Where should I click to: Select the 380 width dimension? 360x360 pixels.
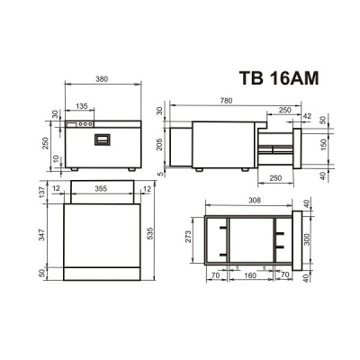(x=102, y=78)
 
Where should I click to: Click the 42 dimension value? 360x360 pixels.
(x=308, y=117)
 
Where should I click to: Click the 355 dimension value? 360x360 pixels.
(x=101, y=189)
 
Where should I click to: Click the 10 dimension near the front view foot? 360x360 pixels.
(x=55, y=159)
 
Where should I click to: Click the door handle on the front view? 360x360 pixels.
(x=102, y=140)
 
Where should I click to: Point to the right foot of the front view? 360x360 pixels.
(x=131, y=169)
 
